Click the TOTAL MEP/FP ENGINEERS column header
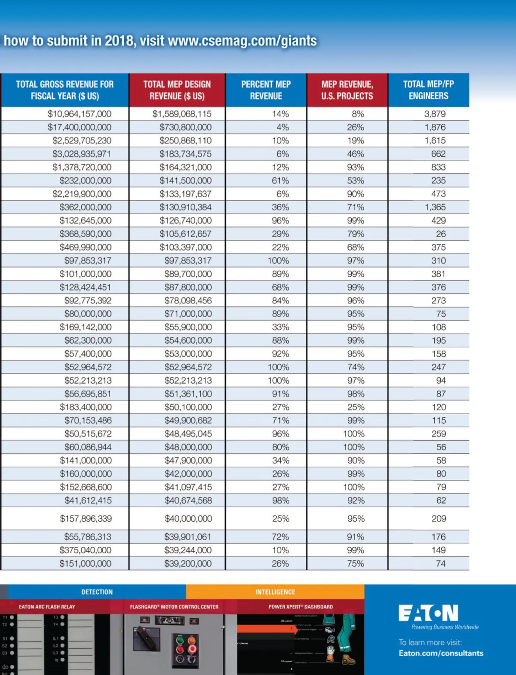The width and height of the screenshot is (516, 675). click(428, 90)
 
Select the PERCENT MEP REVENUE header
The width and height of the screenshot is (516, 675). click(266, 90)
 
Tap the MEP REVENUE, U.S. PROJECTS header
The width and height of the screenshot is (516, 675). click(347, 90)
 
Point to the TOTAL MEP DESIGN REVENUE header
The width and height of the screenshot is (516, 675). click(177, 90)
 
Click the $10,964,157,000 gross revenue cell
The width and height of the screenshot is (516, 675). click(79, 114)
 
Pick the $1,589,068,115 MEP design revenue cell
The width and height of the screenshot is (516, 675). click(182, 114)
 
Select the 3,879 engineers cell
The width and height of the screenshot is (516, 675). click(435, 114)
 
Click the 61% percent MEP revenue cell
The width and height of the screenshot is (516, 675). click(280, 180)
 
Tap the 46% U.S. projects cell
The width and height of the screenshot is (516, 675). click(356, 154)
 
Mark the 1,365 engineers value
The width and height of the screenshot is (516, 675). click(435, 207)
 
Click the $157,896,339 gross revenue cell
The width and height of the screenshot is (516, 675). click(86, 519)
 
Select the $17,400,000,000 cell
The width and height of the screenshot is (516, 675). click(79, 127)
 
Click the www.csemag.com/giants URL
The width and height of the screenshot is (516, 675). click(242, 41)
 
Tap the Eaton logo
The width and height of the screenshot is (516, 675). click(428, 613)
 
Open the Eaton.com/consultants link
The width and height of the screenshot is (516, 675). click(441, 653)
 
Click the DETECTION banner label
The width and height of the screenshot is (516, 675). click(97, 592)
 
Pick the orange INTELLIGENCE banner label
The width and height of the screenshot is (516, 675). click(275, 592)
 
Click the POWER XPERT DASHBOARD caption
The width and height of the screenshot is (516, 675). click(301, 607)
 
